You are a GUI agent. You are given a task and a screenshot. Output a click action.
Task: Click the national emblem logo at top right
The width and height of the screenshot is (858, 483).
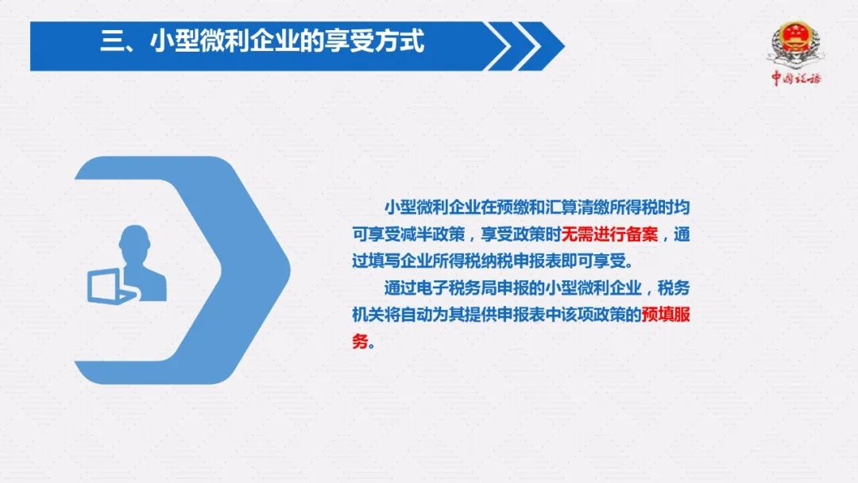point(795,44)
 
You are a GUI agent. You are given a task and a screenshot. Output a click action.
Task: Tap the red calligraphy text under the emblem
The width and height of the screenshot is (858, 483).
point(796,78)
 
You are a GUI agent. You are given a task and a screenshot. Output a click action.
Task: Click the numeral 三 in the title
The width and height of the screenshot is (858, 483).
point(111,41)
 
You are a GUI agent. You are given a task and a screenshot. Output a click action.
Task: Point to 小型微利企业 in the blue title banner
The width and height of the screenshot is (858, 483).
point(224,41)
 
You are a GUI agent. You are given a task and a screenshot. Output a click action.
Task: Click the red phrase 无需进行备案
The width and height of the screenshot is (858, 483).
point(609,234)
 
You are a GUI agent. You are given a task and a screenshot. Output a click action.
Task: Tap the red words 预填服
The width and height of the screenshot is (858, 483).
point(666,315)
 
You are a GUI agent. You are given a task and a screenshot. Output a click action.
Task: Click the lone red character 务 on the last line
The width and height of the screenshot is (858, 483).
point(360,342)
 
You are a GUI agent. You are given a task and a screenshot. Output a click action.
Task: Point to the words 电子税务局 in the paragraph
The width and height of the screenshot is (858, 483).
point(457,288)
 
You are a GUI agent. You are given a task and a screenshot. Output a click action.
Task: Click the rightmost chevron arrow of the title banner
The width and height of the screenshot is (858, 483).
point(541,46)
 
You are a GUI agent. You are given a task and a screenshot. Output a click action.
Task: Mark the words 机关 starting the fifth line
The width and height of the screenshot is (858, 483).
point(369,315)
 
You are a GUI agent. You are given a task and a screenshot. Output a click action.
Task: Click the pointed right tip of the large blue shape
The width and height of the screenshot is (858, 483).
point(289,269)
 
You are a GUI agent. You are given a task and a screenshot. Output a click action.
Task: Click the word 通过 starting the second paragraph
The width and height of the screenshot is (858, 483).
point(400,288)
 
